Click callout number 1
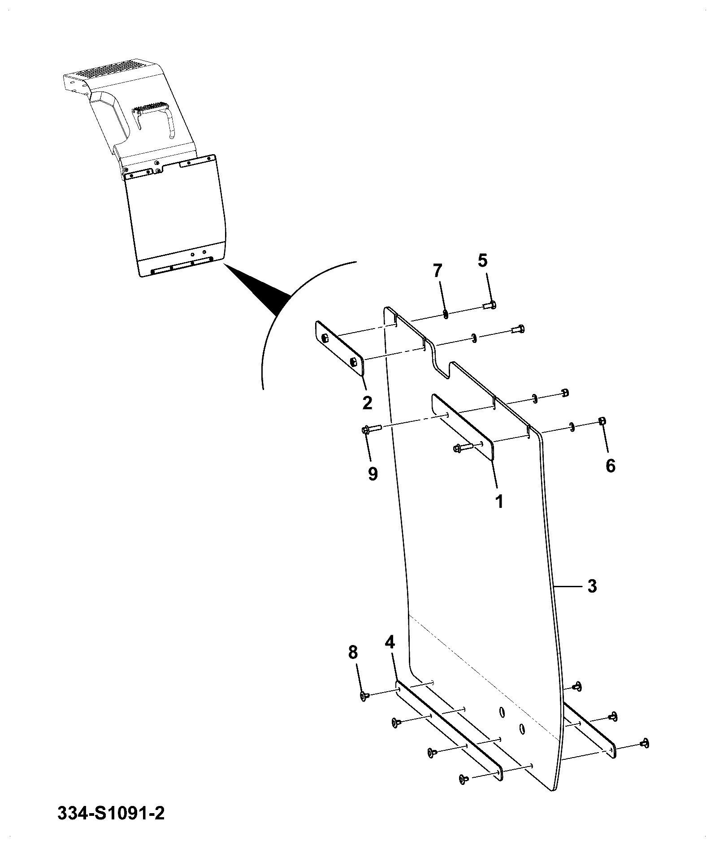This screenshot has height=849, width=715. coord(499,501)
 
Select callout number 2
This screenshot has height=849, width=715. coord(367,403)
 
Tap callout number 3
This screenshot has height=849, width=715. coord(592,586)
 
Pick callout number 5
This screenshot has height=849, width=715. coord(482,260)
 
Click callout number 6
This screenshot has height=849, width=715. coord(611,466)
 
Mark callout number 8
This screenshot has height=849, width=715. coord(353,652)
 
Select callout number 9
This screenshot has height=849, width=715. coord(373,473)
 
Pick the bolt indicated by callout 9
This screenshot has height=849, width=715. coord(371,429)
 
